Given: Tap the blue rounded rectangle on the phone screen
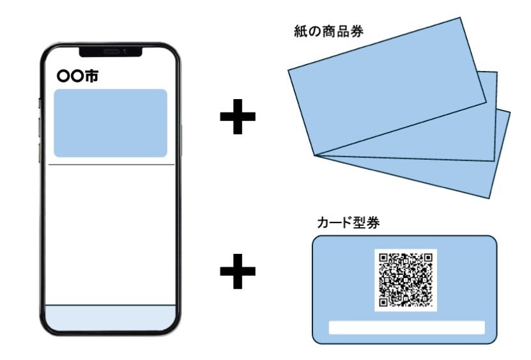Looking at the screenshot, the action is tap(111, 123).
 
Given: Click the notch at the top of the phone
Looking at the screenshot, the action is tap(111, 51).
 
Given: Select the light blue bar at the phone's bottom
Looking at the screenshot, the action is tap(111, 318).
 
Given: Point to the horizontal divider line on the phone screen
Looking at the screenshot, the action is tap(111, 165).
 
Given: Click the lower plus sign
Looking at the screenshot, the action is tap(238, 272).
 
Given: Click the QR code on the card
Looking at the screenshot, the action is tap(405, 279).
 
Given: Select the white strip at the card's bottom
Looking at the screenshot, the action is tap(406, 327).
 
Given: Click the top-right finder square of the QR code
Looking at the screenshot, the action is tap(427, 258).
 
